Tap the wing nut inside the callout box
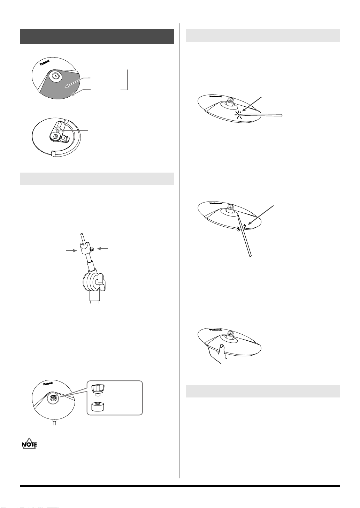pos(98,389)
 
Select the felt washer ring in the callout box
pos(98,407)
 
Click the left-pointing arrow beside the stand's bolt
pos(102,249)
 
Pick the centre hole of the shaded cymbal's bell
pos(55,76)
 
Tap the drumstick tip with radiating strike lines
pos(239,115)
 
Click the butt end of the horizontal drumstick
pos(281,115)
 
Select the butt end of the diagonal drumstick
pos(250,256)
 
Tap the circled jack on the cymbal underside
pos(59,129)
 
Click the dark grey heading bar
pos(97,37)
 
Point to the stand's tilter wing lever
pos(101,282)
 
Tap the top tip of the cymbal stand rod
pos(82,233)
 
